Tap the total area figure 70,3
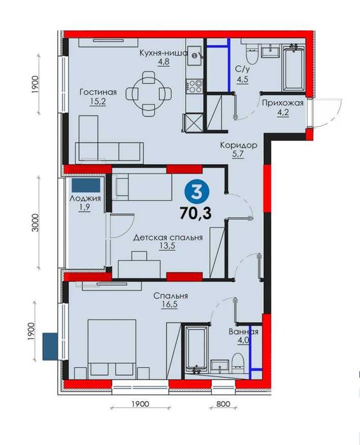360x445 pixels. coord(196,213)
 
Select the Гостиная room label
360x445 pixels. coord(98,92)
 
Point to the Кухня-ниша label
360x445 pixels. coord(164,53)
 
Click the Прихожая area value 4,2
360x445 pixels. coord(282,113)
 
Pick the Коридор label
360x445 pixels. coord(239,145)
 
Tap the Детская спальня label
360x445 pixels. coord(168,237)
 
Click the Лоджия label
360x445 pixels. coord(85,199)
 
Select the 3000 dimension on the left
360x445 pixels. coord(35,222)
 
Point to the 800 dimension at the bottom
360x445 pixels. coord(223,404)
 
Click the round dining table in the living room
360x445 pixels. coord(149,94)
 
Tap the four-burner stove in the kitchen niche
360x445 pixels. coord(195,86)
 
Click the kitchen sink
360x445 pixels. coord(195,55)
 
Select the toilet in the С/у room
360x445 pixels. coord(251,55)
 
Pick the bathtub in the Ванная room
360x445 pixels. coord(196,348)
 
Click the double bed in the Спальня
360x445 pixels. coord(112,349)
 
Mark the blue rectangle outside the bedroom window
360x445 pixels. coord(50,346)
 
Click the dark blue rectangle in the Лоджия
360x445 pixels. coord(86,185)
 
